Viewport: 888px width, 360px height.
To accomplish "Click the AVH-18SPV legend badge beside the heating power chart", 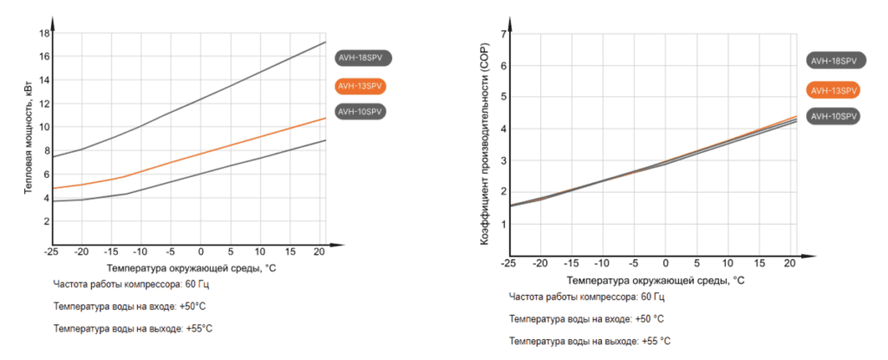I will coord(363,58).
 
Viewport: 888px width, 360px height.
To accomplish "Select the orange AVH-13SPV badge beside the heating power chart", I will coord(361,86).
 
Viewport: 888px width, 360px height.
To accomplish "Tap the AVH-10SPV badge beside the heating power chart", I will coord(361,112).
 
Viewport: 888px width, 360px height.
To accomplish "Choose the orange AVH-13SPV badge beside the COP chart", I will coord(833,90).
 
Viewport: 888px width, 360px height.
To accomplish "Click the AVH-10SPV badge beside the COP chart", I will coord(833,116).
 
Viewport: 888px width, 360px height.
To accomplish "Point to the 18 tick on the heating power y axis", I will coord(44,33).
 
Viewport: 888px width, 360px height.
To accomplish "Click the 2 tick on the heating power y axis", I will coord(46,221).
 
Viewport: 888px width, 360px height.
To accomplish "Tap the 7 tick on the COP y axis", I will coord(503,34).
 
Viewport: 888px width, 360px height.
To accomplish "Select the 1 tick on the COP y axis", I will coord(503,224).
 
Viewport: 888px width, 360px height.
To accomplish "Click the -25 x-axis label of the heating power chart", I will coord(51,252).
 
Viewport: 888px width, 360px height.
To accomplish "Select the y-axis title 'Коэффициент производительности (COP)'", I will coord(485,144).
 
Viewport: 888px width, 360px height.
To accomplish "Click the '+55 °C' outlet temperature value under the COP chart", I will coord(656,341).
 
